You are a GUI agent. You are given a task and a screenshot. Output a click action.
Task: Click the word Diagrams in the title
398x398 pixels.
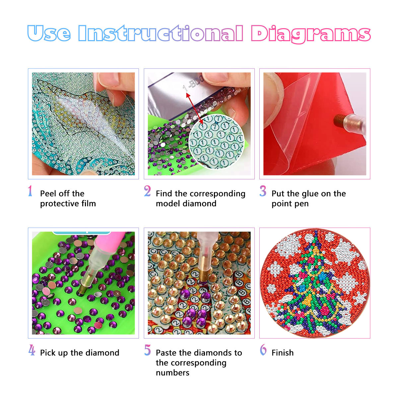[310, 34]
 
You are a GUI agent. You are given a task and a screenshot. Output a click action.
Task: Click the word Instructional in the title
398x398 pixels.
[161, 33]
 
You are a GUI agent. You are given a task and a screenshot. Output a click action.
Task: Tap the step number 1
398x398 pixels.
[30, 191]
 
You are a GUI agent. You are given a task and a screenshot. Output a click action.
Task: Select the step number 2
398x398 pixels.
[147, 191]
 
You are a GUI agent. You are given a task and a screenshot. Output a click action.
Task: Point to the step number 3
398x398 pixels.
[263, 191]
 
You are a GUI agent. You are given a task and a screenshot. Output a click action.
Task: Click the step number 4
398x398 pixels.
[32, 350]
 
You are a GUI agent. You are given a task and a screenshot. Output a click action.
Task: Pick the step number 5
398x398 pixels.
[148, 350]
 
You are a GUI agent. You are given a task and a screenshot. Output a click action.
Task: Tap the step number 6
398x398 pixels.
[263, 350]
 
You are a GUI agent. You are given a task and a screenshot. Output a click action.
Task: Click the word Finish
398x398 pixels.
[283, 353]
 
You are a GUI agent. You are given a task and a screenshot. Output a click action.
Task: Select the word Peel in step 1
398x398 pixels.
[48, 193]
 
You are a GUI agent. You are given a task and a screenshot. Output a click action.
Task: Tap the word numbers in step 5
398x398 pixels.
[172, 373]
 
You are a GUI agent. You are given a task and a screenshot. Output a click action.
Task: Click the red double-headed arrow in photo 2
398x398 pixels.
[194, 108]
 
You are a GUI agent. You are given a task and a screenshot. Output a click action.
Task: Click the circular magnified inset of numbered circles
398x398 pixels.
[217, 142]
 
